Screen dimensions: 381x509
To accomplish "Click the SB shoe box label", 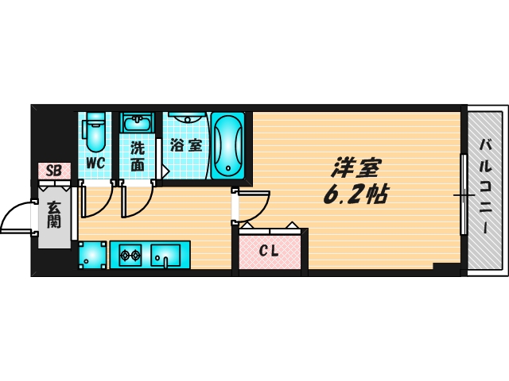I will (54, 170).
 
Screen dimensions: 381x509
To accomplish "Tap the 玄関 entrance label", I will (54, 214).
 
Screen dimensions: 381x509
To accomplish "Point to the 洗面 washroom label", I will (138, 156).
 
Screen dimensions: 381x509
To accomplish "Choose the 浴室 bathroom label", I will (186, 146).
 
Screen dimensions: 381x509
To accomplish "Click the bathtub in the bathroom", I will (229, 145).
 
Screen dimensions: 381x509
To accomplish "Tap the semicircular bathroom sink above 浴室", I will (188, 117).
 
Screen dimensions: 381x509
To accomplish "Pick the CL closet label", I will (270, 252).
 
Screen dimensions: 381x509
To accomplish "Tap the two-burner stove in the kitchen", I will (130, 256).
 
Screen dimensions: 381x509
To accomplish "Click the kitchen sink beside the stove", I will (168, 256).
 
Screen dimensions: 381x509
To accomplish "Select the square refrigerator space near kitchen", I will (92, 256).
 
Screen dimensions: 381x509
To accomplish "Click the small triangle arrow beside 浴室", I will (165, 171).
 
